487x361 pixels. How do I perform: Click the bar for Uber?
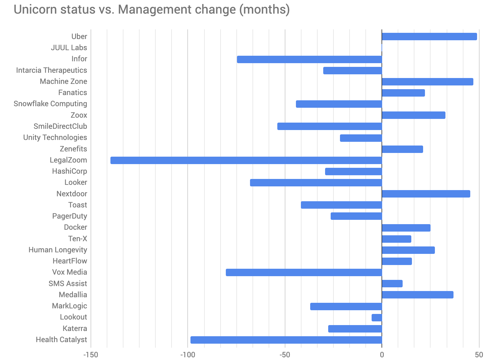click(429, 37)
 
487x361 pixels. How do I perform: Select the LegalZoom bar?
click(246, 160)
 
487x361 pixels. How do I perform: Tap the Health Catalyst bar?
click(286, 340)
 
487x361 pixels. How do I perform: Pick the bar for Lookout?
click(377, 318)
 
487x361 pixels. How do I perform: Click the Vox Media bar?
click(304, 272)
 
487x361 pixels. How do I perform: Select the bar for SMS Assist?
click(392, 284)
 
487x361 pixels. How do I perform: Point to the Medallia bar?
click(418, 295)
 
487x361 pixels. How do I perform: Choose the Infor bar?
click(309, 59)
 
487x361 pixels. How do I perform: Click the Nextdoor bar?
click(426, 194)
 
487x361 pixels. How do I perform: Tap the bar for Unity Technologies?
click(361, 138)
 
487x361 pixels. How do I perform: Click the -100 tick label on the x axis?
click(187, 355)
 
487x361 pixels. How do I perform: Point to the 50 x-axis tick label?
click(479, 355)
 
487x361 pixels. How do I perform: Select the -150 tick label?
click(91, 355)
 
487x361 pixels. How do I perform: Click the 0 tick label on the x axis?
click(382, 355)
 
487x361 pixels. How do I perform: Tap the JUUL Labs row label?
click(69, 48)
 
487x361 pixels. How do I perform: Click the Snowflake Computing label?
click(50, 104)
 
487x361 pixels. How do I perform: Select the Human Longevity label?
click(58, 250)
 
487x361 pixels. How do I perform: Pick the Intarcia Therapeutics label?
click(51, 70)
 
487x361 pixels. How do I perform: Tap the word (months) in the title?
click(264, 10)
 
